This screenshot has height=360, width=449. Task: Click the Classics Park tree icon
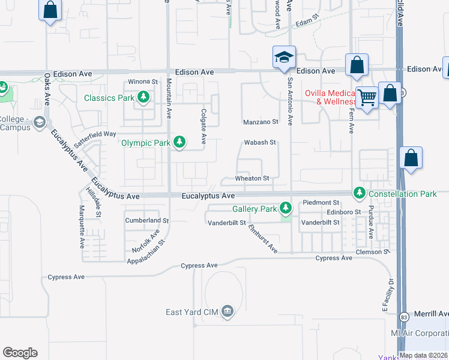click(x=143, y=97)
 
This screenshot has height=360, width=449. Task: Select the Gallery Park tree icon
click(x=286, y=209)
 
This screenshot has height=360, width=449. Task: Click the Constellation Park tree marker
click(x=360, y=193)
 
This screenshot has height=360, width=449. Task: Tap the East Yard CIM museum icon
click(x=227, y=311)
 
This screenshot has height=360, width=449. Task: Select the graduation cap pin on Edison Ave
click(x=284, y=58)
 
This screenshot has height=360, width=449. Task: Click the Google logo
click(x=20, y=352)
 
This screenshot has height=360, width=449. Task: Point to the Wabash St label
click(x=259, y=143)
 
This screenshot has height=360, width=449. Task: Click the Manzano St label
click(x=261, y=122)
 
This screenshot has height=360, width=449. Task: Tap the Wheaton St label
click(x=252, y=178)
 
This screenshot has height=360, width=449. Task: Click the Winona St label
click(x=142, y=82)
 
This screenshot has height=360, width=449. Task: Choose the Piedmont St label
click(x=322, y=202)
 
